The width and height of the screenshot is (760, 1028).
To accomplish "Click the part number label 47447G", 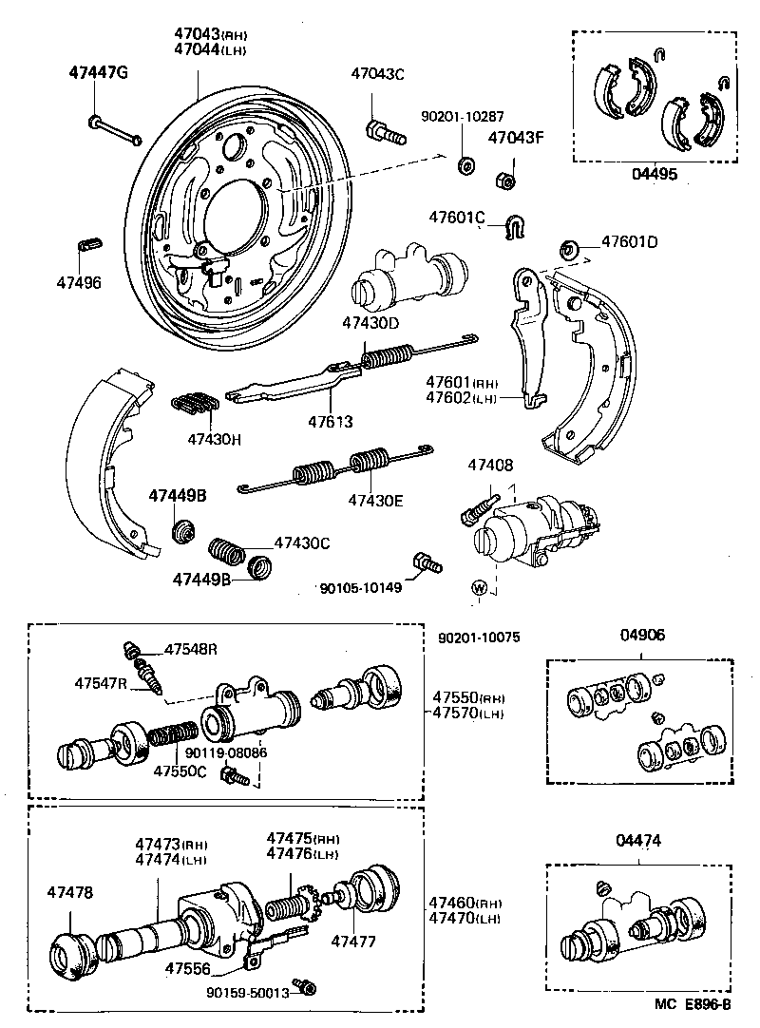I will [98, 73].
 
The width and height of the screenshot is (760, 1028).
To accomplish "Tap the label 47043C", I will [377, 73].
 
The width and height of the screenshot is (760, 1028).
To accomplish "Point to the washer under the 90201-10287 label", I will [465, 166].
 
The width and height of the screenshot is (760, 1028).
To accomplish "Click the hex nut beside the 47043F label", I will [505, 178].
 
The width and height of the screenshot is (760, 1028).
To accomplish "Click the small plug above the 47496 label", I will [87, 242].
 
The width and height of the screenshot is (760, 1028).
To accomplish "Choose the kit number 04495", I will [655, 175].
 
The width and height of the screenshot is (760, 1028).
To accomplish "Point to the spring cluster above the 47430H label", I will [194, 403].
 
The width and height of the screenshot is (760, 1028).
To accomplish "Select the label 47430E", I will [375, 499].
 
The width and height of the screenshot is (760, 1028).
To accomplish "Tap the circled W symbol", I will [481, 588].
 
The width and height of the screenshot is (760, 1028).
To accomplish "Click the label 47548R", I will [191, 650].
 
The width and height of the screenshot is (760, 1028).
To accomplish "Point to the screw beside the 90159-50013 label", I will [305, 987].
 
